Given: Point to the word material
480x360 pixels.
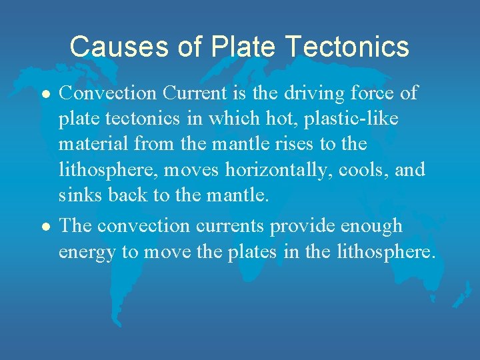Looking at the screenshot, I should click(x=95, y=144).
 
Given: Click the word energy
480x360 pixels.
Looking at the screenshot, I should click(x=87, y=253).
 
